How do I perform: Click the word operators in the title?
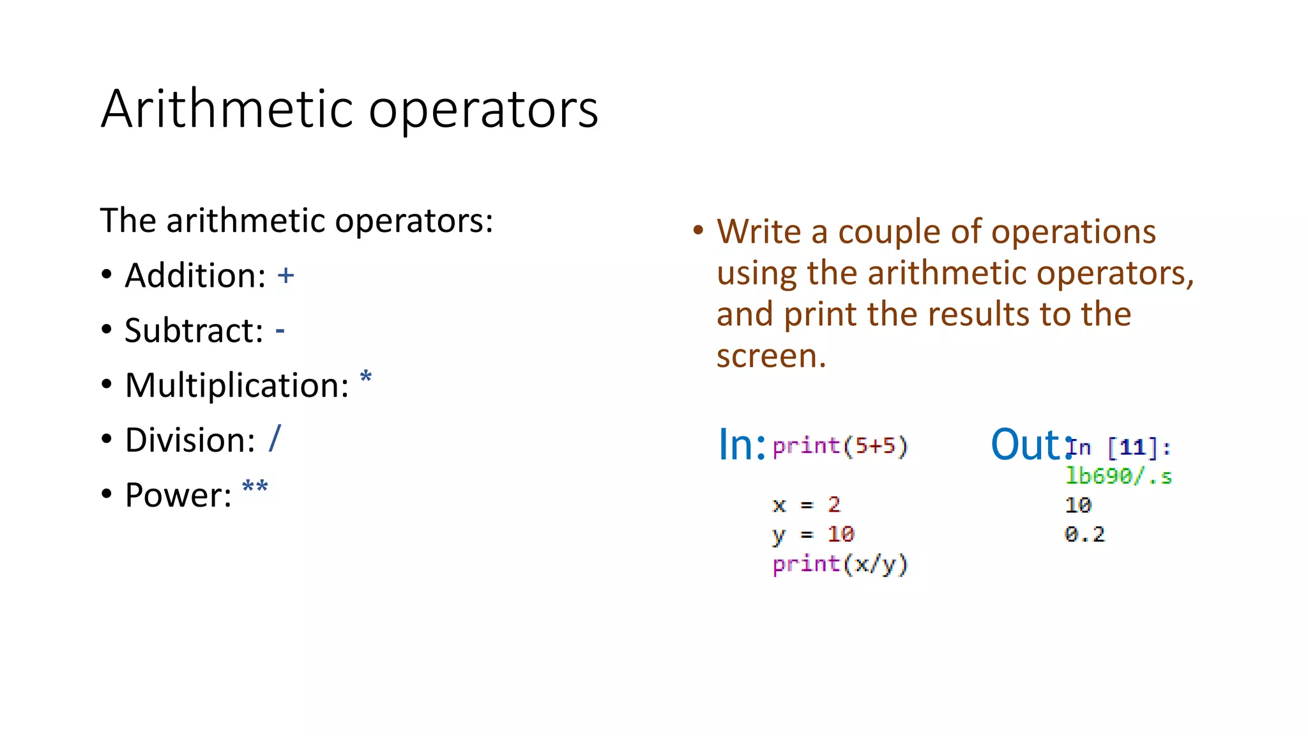(x=483, y=110)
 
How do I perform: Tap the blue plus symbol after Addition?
(x=285, y=275)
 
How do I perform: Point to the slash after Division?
(x=275, y=439)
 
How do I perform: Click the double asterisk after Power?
(x=255, y=489)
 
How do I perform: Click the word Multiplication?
(x=237, y=385)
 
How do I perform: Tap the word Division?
(x=190, y=440)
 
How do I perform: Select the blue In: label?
(x=741, y=445)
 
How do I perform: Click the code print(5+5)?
(x=839, y=446)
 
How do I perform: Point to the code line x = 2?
(x=805, y=505)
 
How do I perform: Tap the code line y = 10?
(x=812, y=534)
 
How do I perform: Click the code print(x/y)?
(x=839, y=564)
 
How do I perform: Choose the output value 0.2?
(x=1084, y=534)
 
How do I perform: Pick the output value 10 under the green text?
(x=1077, y=505)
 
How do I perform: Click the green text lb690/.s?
(x=1118, y=476)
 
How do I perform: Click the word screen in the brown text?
(x=770, y=356)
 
